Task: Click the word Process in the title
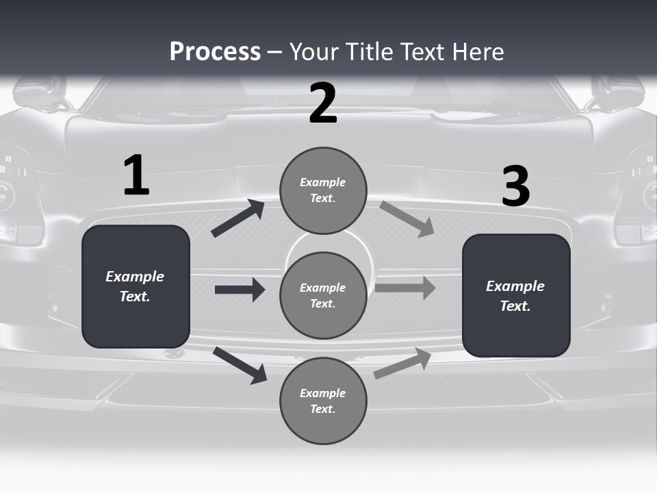(x=215, y=52)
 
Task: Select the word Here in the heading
(x=479, y=52)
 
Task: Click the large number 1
(x=136, y=176)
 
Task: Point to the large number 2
(x=323, y=103)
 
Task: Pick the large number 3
(x=515, y=186)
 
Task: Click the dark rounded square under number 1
(x=136, y=286)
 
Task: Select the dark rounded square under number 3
(x=516, y=295)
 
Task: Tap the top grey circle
(x=323, y=190)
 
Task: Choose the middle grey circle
(x=323, y=295)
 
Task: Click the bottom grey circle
(x=323, y=401)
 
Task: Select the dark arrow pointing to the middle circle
(x=240, y=290)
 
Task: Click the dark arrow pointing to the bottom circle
(x=240, y=365)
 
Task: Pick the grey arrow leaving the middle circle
(x=405, y=288)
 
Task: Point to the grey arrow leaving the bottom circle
(x=402, y=363)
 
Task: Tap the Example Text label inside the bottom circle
(x=323, y=401)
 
